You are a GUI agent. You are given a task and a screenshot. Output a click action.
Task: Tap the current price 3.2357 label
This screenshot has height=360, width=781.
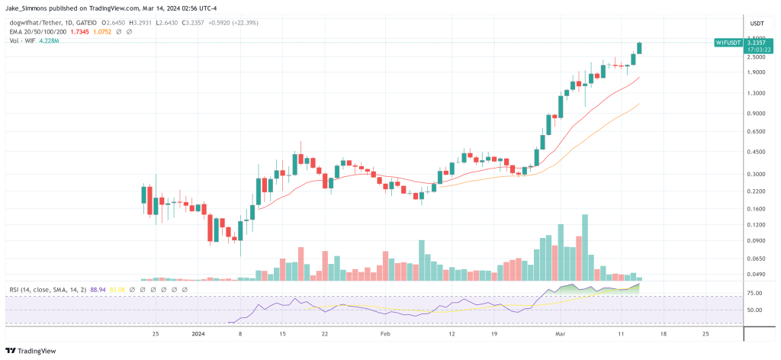click(x=757, y=43)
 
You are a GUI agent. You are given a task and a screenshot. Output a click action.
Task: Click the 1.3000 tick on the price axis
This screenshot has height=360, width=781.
click(x=757, y=93)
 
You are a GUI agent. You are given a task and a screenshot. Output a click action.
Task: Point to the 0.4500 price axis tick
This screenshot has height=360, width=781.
click(x=757, y=152)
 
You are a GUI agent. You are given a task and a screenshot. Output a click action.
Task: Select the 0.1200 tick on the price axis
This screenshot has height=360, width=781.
click(x=757, y=225)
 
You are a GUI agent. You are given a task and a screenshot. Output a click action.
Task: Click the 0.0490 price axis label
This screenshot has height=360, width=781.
click(x=757, y=274)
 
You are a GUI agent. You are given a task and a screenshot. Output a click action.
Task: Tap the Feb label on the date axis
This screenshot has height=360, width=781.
click(x=384, y=334)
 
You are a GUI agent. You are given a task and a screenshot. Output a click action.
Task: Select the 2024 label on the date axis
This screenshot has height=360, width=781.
click(x=198, y=334)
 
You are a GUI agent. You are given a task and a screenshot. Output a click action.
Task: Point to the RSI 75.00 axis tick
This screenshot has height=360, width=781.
click(x=754, y=293)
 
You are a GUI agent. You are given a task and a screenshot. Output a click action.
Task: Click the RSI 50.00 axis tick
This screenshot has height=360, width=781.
click(x=754, y=310)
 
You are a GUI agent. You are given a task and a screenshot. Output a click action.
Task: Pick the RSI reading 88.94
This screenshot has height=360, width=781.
click(x=98, y=290)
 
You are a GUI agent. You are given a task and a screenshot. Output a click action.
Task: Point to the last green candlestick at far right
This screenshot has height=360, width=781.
click(x=639, y=47)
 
